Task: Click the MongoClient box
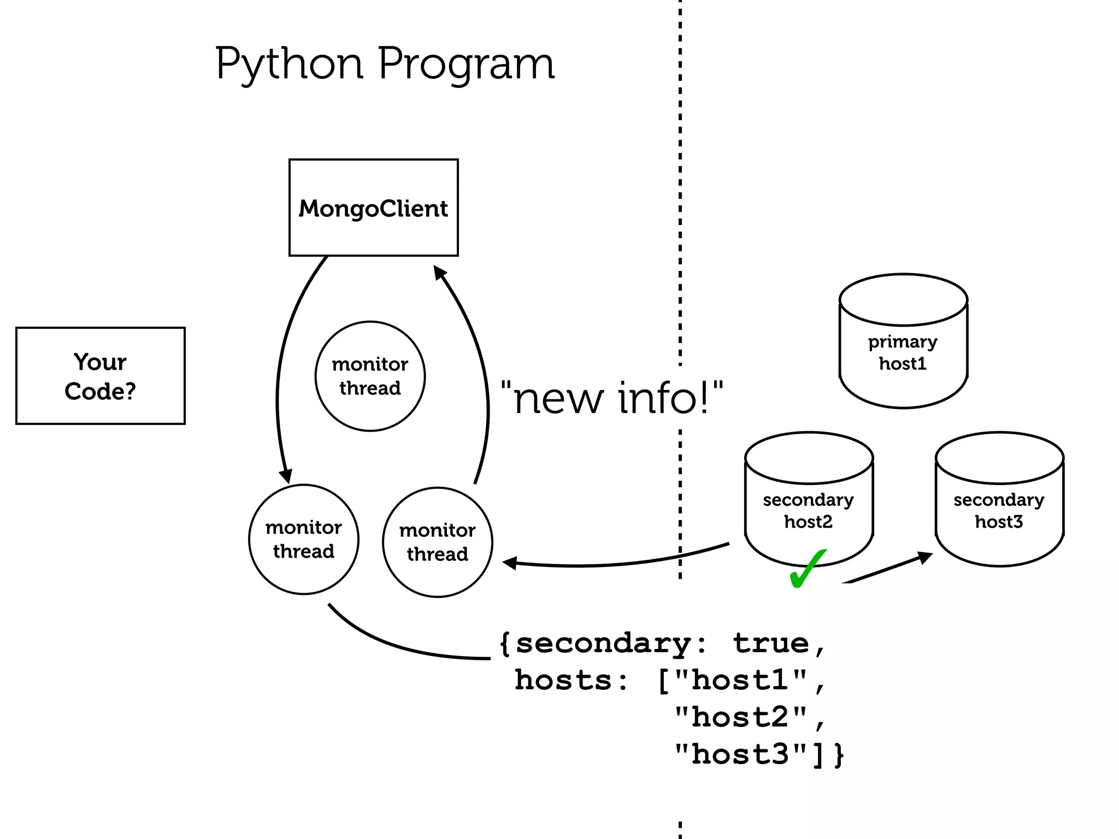(x=373, y=208)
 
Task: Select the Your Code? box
(x=101, y=376)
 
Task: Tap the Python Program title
(x=385, y=64)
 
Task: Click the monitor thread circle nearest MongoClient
(x=370, y=376)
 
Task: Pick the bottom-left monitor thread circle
(x=304, y=539)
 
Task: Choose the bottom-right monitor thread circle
(x=437, y=542)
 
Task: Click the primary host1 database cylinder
(x=903, y=341)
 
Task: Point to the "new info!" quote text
(x=612, y=398)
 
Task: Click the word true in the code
(x=770, y=643)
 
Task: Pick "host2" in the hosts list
(x=740, y=717)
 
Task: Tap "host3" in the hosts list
(x=740, y=754)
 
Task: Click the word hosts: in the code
(x=571, y=681)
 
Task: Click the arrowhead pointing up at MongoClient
(x=439, y=271)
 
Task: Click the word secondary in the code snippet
(x=604, y=643)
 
